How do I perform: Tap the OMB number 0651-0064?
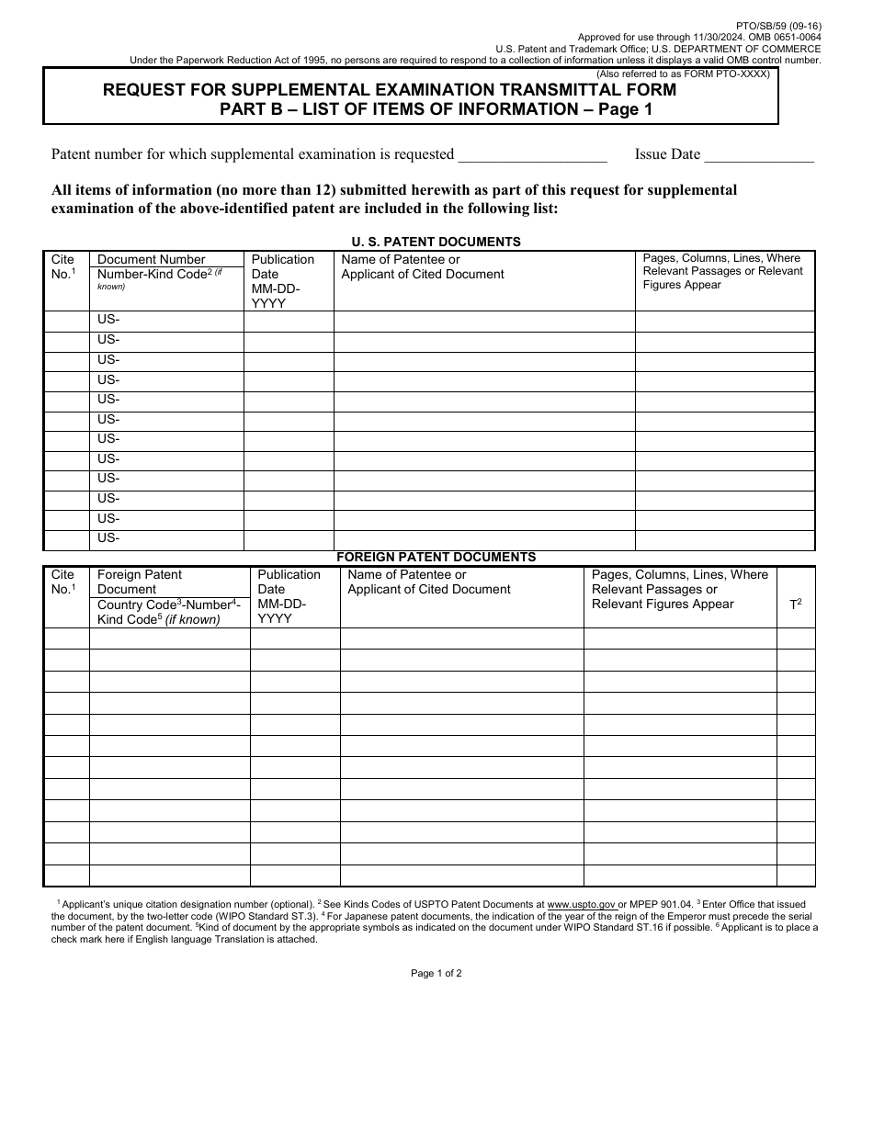point(795,38)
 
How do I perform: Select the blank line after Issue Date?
point(759,155)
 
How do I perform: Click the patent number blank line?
point(532,155)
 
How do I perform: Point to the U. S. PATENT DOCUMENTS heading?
point(436,242)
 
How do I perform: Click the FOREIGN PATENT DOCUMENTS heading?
point(436,557)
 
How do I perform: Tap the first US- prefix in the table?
point(108,320)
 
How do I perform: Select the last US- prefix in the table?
point(108,538)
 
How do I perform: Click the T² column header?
point(796,605)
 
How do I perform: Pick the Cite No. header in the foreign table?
point(63,582)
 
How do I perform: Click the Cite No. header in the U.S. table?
point(63,266)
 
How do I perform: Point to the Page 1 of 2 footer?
point(436,973)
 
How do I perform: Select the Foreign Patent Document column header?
point(140,582)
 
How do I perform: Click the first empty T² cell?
point(796,638)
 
